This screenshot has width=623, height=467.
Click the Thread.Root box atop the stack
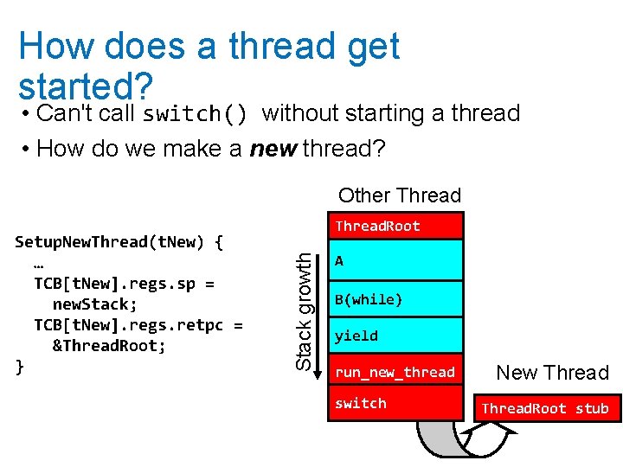(395, 226)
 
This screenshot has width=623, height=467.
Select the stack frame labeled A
(395, 260)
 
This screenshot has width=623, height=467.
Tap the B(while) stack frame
(395, 300)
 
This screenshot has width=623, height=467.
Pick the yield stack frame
(395, 336)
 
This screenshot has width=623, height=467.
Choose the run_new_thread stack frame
(395, 372)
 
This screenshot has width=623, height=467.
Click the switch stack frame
(395, 404)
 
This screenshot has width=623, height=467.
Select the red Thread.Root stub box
(546, 408)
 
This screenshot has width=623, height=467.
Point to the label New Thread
(553, 373)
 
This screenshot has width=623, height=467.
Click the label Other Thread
(400, 195)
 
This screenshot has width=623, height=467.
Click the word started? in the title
(86, 86)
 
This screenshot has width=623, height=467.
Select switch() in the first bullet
(196, 114)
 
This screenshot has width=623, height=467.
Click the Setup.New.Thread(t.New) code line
(119, 242)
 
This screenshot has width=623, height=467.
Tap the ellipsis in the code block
(40, 263)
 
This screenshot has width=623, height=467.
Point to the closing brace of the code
(20, 367)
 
